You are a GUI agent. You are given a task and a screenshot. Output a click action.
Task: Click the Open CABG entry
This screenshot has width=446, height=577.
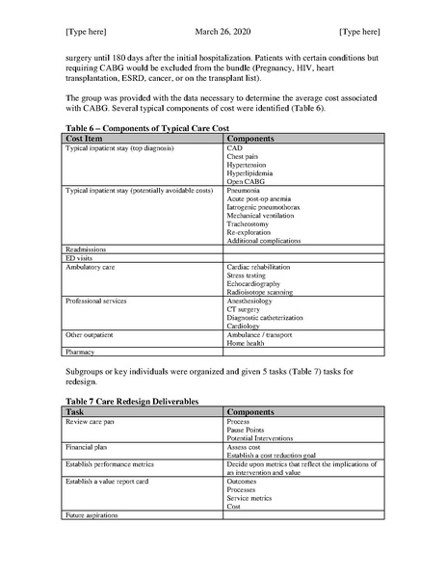246,179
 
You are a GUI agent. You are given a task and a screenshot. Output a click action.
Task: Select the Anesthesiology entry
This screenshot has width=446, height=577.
252,301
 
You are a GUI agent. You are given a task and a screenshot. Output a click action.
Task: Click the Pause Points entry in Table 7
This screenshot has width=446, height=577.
248,430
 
